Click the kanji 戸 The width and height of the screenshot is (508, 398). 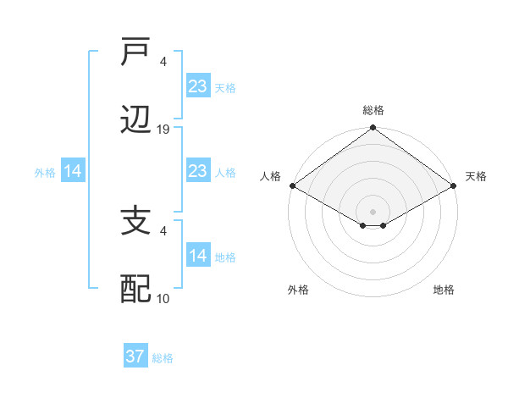tap(136, 53)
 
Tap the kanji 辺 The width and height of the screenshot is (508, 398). tap(136, 120)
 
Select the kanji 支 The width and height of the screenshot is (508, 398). tap(136, 223)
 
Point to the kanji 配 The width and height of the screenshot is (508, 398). tap(136, 290)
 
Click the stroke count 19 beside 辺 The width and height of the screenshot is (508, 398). tap(163, 130)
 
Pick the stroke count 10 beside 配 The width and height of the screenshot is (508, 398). tap(163, 299)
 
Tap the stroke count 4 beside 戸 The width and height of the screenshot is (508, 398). tap(163, 62)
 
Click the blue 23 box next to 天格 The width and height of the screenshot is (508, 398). tap(197, 86)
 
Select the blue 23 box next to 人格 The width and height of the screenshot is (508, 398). tap(197, 172)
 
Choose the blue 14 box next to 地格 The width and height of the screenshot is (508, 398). tap(197, 256)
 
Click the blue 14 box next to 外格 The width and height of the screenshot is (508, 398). tap(73, 172)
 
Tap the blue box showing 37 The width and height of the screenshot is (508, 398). tap(135, 357)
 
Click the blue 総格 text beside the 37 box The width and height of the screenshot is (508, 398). tap(163, 358)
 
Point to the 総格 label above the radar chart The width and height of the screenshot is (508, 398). tap(373, 110)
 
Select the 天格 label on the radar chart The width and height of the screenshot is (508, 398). tap(476, 176)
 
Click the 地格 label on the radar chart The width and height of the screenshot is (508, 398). tap(444, 290)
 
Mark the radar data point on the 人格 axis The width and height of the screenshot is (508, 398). tap(292, 185)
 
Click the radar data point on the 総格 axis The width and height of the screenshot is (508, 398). tap(373, 129)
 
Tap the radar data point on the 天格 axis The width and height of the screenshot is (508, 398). tap(454, 185)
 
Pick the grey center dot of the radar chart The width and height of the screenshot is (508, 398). tap(373, 211)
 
